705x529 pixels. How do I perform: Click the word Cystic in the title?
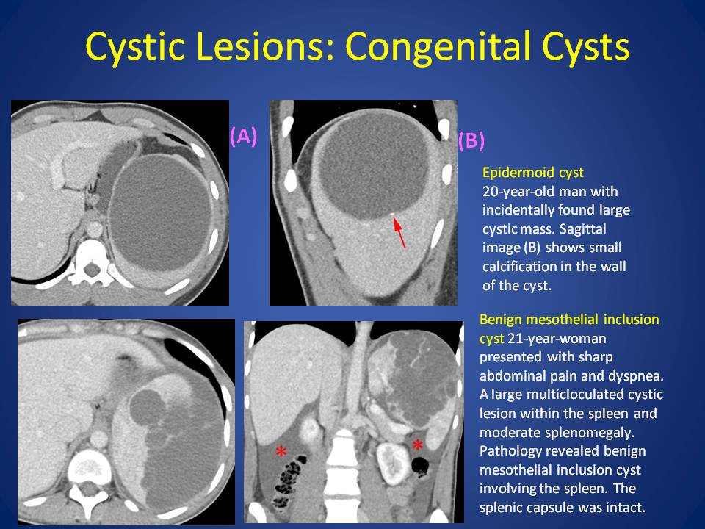coord(135,47)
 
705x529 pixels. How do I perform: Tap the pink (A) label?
coord(243,136)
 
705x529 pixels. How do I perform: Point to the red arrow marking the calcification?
coord(399,232)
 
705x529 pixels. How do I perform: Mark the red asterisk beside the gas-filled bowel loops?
coord(281,452)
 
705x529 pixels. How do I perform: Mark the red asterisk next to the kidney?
coord(418,445)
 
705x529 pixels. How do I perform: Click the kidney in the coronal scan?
coord(392,464)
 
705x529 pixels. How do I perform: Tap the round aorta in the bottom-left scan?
coord(100,439)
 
